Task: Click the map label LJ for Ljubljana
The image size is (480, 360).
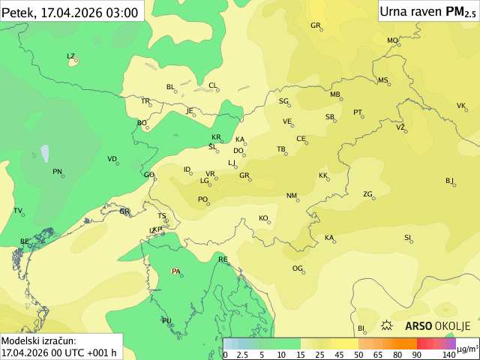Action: [232, 162]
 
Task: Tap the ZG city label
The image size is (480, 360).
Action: [367, 193]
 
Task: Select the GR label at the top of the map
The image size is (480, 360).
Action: [315, 25]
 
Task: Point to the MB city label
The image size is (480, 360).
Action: [334, 94]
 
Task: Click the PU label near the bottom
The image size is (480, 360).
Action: [166, 320]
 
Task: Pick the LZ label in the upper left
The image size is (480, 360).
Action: [70, 55]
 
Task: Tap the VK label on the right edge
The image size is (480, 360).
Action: [460, 105]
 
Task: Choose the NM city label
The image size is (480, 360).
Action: [291, 195]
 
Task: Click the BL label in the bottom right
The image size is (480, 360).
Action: [361, 328]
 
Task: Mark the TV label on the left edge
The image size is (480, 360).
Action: [17, 210]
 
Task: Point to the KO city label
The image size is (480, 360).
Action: [263, 217]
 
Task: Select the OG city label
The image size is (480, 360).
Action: [297, 268]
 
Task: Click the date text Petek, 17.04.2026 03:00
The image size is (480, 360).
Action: [70, 12]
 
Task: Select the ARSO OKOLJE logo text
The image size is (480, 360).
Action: [437, 325]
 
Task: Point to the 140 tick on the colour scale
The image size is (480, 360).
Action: [448, 354]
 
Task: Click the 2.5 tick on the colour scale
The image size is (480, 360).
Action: [243, 354]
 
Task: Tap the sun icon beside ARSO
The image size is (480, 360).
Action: [388, 325]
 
